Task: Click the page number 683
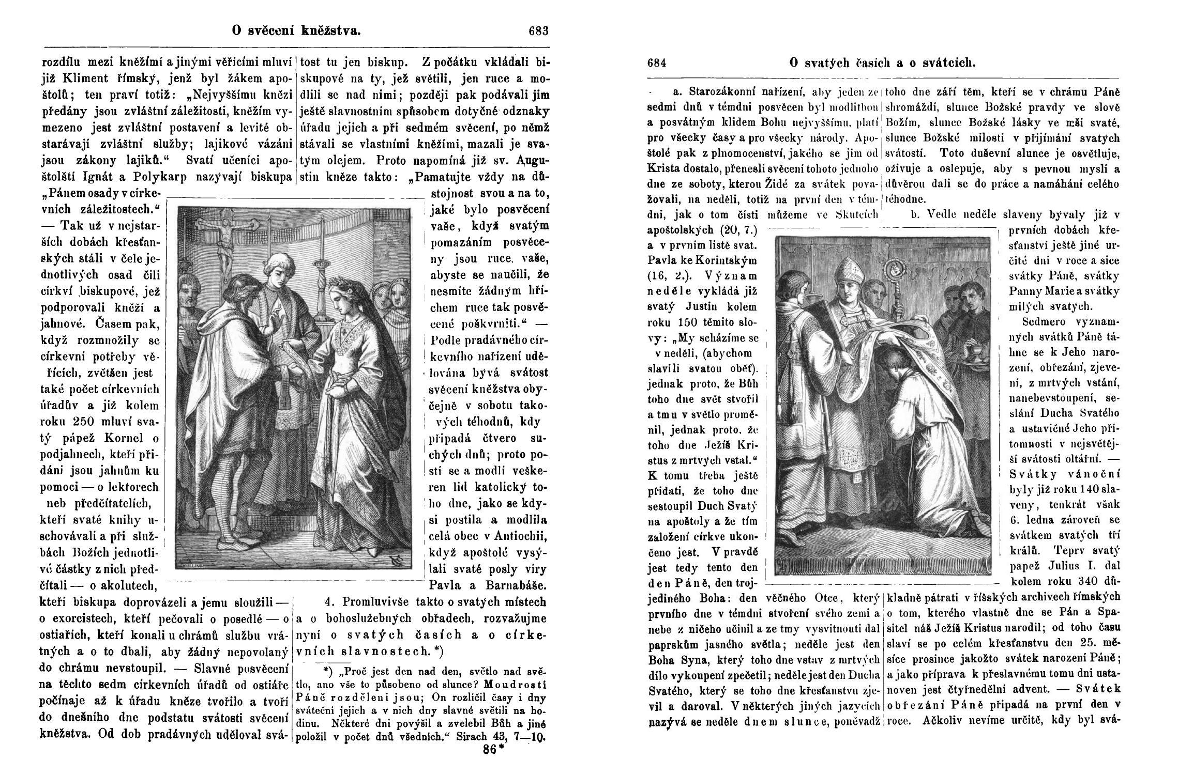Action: [x=538, y=31]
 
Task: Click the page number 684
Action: [x=657, y=63]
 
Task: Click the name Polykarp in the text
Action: [x=161, y=177]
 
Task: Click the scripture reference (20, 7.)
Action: [x=729, y=229]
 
